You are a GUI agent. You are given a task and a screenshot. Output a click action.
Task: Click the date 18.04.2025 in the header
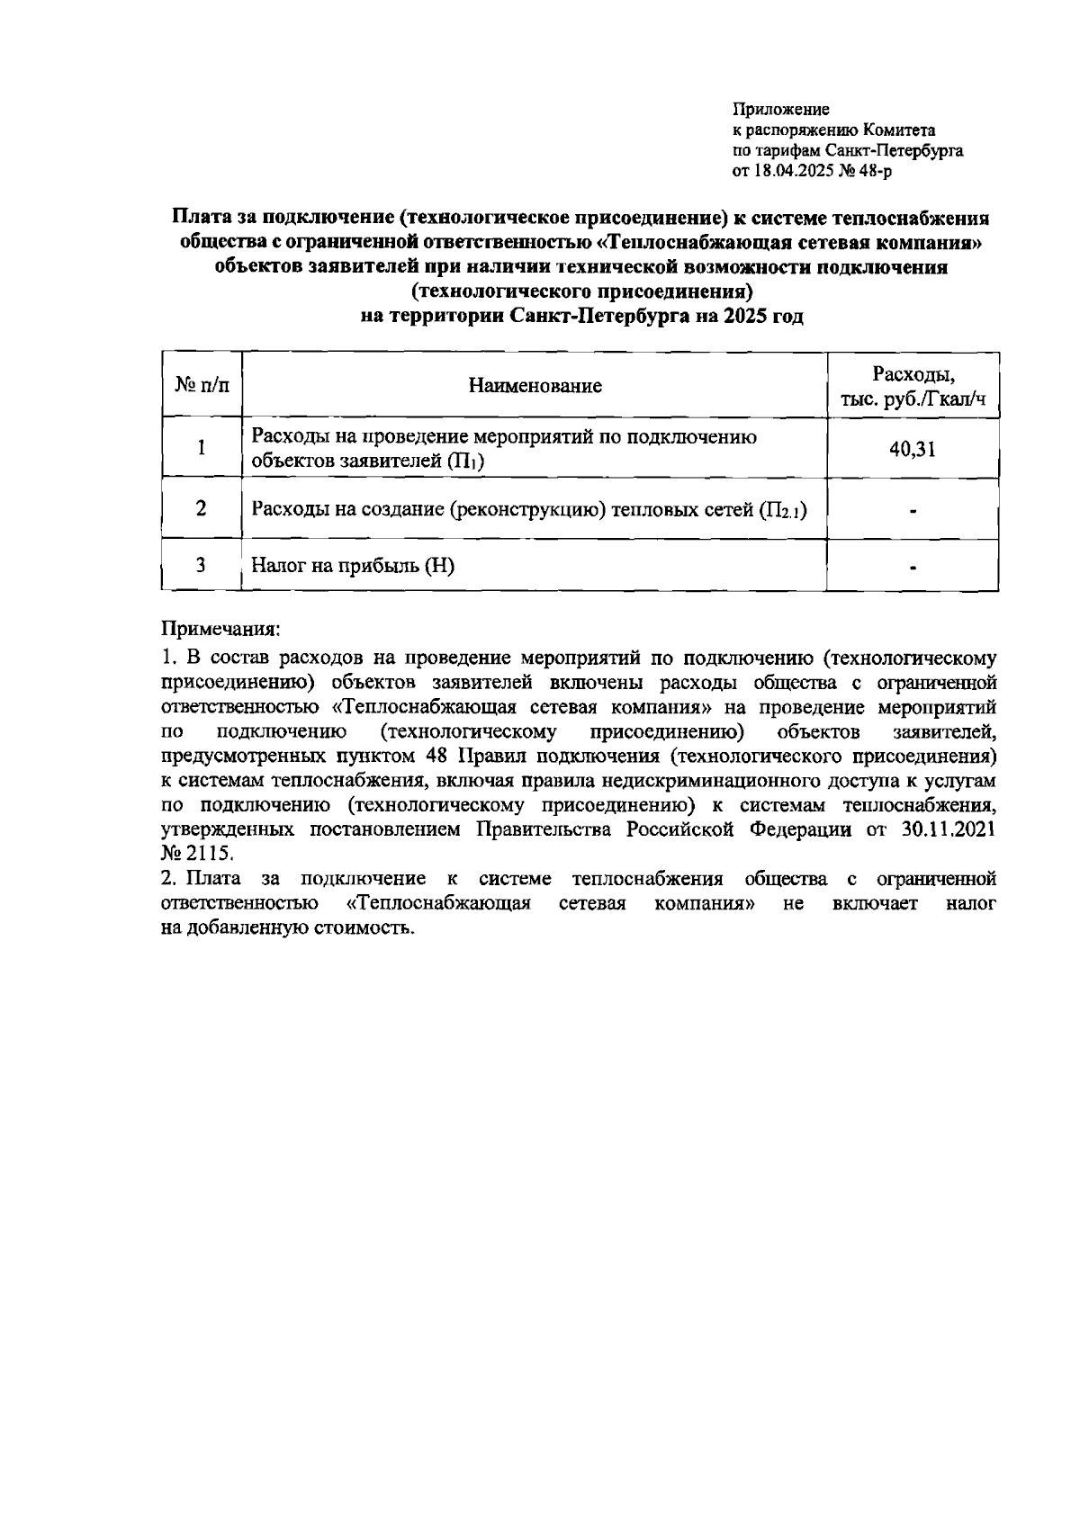793,171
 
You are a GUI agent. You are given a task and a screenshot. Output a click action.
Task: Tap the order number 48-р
874,171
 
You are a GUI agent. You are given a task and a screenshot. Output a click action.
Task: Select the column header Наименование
535,386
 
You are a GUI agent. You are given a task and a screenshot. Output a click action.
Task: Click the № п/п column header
202,386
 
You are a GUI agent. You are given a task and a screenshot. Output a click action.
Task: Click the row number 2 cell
202,509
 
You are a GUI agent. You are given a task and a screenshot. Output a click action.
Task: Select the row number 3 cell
202,565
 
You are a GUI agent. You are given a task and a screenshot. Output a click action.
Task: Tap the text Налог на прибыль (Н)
353,566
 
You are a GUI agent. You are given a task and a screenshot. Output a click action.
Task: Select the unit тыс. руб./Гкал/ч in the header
913,399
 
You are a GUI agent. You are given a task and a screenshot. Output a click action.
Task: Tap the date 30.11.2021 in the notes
948,829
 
